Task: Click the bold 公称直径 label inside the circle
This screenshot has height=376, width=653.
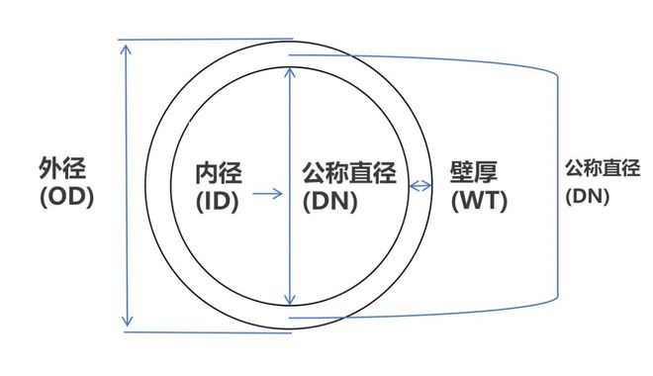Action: [x=348, y=174]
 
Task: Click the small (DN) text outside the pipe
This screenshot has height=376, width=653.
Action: [x=587, y=196]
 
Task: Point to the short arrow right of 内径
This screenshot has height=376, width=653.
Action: [x=266, y=194]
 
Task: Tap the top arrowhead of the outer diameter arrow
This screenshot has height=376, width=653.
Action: [x=127, y=48]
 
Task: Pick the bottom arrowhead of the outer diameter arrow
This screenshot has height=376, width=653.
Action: [x=127, y=322]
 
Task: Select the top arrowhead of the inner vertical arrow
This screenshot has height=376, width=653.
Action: [x=289, y=72]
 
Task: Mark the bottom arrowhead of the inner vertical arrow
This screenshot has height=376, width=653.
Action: [x=289, y=301]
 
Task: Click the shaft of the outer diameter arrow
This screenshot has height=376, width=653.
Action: [x=127, y=247]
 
